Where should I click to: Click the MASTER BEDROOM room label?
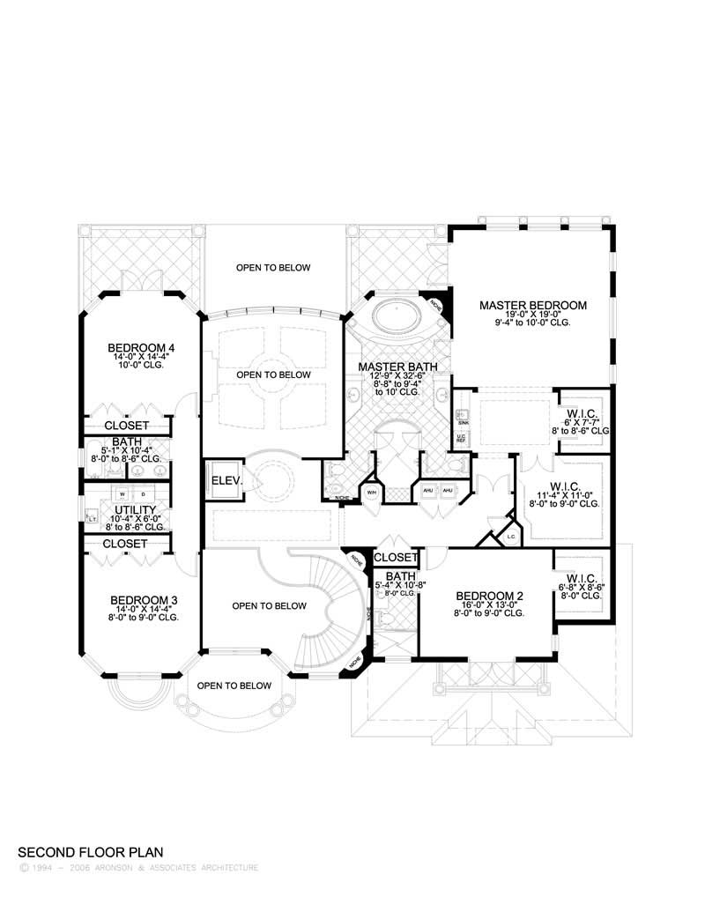[x=532, y=305]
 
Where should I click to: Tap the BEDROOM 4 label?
[x=141, y=348]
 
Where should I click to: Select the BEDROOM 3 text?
[x=144, y=600]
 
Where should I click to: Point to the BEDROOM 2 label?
[x=490, y=597]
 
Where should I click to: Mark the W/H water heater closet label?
[x=371, y=491]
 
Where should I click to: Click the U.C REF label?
[x=461, y=438]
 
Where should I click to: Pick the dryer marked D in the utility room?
[x=143, y=494]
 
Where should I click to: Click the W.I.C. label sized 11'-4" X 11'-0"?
[x=564, y=486]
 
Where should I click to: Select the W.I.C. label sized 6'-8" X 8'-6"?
[x=579, y=577]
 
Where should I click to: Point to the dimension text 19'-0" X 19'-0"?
[x=532, y=315]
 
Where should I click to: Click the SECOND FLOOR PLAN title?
[x=91, y=852]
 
